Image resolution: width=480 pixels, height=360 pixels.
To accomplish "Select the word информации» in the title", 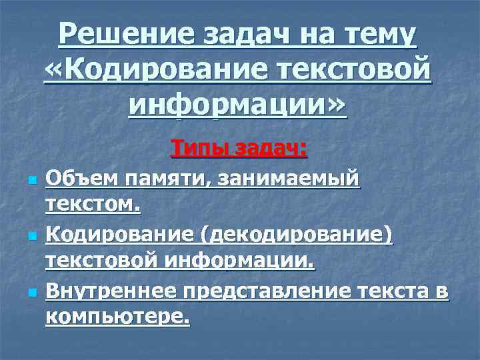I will tap(237, 105).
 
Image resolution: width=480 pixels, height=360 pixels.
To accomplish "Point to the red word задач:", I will tap(269, 147).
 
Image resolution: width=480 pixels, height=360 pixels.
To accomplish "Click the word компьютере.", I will tap(117, 319).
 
